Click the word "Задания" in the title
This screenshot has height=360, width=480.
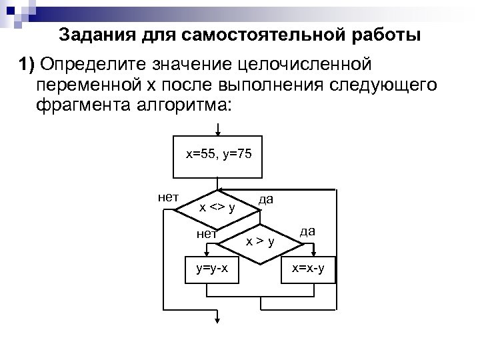click(91, 35)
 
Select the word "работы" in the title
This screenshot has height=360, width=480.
click(390, 35)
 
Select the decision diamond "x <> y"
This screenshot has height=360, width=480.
click(217, 208)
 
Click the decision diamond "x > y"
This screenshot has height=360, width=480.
click(260, 241)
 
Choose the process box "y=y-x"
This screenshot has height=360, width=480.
click(211, 268)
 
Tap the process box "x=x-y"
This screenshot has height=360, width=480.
click(309, 268)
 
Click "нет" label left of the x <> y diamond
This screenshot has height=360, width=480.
click(167, 197)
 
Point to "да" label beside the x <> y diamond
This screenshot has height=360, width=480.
click(266, 199)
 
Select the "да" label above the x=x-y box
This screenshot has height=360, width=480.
click(307, 231)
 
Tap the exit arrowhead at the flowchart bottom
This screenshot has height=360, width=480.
click(217, 321)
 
